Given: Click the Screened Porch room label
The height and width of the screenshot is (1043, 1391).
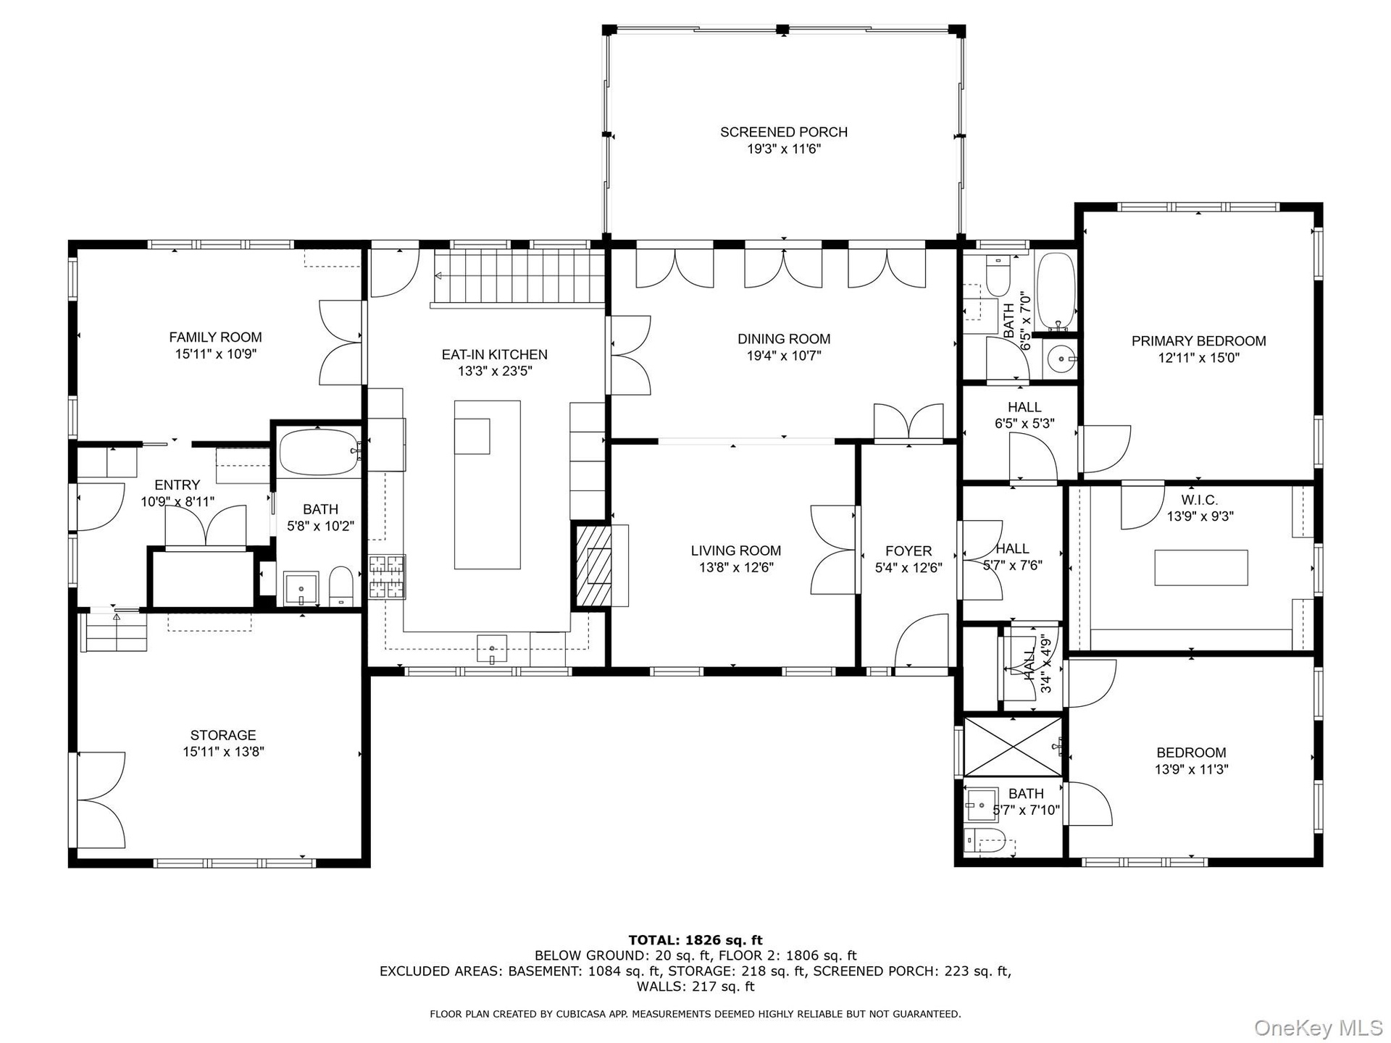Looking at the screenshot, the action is [x=783, y=132].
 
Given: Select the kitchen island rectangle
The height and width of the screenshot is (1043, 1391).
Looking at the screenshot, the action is [x=487, y=485].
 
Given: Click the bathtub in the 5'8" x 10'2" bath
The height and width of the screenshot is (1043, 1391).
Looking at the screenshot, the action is [x=319, y=452].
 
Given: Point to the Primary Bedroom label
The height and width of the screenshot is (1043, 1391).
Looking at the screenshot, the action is [x=1199, y=341].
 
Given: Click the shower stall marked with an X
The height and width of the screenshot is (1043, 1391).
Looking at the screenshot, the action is [x=1013, y=746].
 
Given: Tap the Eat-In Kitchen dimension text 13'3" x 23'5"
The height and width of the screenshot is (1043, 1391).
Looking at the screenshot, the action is [x=495, y=372].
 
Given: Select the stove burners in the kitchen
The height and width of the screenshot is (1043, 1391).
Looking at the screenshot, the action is [x=387, y=577].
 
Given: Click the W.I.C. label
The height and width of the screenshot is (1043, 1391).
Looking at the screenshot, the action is [x=1200, y=500].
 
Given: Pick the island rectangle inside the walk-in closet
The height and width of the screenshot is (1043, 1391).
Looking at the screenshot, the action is [x=1201, y=567].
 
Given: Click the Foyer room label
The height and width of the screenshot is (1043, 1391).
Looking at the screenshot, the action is [x=908, y=551].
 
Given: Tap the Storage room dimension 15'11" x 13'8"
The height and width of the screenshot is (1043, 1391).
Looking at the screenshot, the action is [x=223, y=752].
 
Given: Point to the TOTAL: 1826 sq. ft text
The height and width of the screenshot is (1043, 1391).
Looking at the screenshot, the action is [x=695, y=940].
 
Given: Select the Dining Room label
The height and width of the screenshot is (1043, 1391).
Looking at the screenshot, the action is [x=784, y=339].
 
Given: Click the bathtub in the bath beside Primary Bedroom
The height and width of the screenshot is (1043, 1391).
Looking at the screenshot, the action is [x=1056, y=292].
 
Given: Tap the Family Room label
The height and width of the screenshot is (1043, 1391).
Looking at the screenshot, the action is [x=215, y=337].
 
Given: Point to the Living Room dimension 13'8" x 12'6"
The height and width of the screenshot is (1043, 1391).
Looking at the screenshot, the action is [x=736, y=568].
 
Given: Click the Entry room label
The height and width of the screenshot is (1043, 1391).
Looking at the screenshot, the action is [x=177, y=485].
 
